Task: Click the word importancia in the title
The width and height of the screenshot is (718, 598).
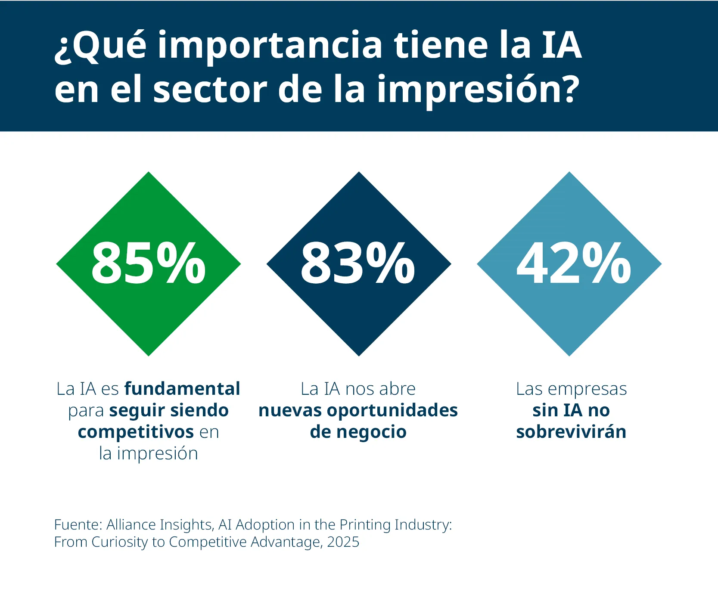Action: coord(270,46)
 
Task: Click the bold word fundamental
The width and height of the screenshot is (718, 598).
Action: coord(182,389)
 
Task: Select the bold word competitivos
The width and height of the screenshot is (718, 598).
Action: coord(136,432)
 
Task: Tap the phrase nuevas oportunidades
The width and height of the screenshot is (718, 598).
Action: coord(358,410)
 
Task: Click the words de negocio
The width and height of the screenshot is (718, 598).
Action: coord(358,432)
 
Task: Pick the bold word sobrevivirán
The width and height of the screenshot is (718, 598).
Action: coord(571,432)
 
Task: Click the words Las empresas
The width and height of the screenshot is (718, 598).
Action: coord(571,389)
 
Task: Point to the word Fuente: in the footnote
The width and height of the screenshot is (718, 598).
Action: coord(78,525)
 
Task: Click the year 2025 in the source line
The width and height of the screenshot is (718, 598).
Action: coord(343,542)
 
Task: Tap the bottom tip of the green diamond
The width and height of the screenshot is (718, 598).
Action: coord(149,354)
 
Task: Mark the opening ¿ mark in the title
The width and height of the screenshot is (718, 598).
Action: coord(62,50)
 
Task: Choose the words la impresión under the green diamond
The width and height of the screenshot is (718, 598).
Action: coord(148,453)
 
